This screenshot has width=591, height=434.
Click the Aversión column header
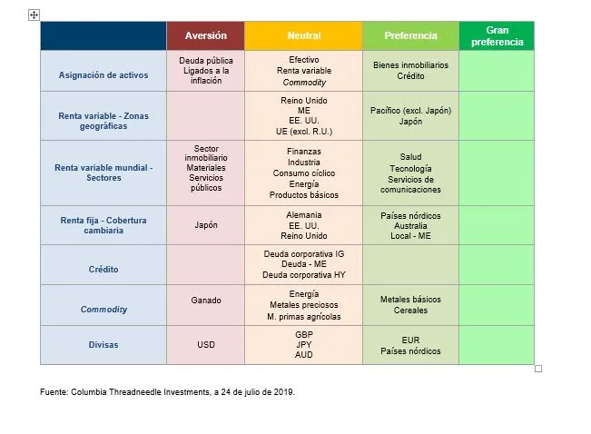[x=205, y=35]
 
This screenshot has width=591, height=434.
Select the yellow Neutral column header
[x=303, y=35]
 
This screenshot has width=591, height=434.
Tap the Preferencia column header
[x=410, y=35]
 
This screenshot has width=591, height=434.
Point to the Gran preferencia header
[x=497, y=36]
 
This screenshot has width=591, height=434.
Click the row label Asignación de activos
[x=103, y=75]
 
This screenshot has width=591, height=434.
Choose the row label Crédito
[x=103, y=270]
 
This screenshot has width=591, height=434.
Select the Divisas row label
[x=103, y=345]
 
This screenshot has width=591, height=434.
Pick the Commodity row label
[x=103, y=310]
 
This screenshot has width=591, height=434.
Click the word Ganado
[x=206, y=300]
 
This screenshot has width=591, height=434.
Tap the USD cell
[x=206, y=345]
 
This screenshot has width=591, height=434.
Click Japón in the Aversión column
[x=206, y=225]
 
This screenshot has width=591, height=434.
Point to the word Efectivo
[x=303, y=59]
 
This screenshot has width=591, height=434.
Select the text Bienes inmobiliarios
[x=410, y=65]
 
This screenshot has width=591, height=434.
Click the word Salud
[x=410, y=157]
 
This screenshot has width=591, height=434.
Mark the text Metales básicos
[x=410, y=299]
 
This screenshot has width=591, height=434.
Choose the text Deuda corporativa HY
[x=303, y=274]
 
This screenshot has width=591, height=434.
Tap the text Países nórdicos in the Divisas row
[x=410, y=351]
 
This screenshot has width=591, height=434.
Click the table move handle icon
[x=34, y=15]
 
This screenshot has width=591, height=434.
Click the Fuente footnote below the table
[x=167, y=392]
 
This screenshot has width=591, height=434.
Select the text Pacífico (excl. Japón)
[x=410, y=111]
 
